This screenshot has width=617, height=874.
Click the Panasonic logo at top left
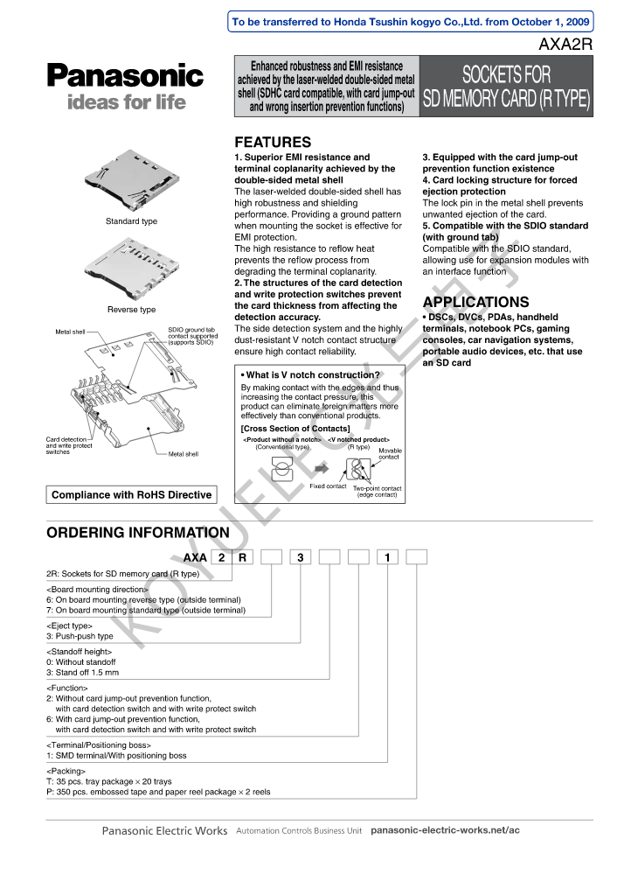[x=125, y=76]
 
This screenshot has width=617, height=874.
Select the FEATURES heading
[x=273, y=143]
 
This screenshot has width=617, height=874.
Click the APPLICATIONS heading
[x=475, y=303]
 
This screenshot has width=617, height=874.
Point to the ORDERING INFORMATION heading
[x=138, y=533]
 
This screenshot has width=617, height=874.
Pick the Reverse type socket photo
[x=131, y=272]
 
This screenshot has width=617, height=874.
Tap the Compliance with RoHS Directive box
[x=131, y=495]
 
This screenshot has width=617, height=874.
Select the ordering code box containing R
[x=241, y=557]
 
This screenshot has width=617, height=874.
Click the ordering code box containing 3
[x=300, y=557]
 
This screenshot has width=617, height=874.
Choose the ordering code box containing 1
[x=386, y=557]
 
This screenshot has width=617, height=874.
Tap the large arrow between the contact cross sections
[x=321, y=469]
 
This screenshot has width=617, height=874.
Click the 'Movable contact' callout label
[x=389, y=454]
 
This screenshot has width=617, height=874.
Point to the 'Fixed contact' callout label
[x=329, y=486]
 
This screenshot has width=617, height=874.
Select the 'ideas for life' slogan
[x=127, y=102]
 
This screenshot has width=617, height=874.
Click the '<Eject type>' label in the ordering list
[x=69, y=626]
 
